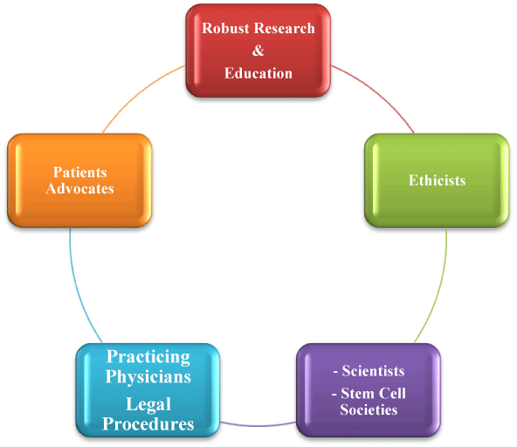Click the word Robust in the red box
225,28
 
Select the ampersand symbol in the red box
258,51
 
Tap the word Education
258,73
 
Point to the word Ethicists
438,181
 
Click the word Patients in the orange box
80,172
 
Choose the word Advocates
80,189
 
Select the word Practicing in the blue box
148,357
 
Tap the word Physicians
148,376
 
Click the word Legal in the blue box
148,404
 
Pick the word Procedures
148,424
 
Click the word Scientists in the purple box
373,371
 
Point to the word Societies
369,409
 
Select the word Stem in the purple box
357,393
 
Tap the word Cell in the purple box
392,393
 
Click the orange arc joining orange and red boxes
140,93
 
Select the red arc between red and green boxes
376,93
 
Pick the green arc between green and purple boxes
438,290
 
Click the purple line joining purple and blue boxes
258,424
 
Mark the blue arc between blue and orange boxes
79,290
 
